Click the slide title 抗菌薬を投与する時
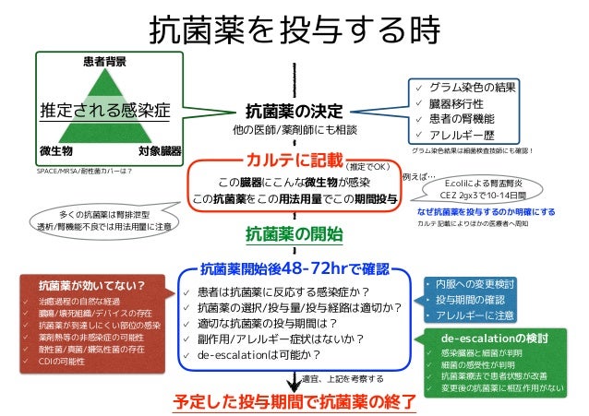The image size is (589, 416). pyautogui.click(x=294, y=30)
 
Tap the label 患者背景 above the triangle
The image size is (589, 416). pyautogui.click(x=105, y=62)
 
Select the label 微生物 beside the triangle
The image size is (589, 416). pyautogui.click(x=56, y=149)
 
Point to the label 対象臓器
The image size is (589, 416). pyautogui.click(x=159, y=149)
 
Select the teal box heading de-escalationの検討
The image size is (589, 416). pyautogui.click(x=495, y=338)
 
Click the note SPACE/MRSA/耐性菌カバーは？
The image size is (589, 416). pyautogui.click(x=84, y=171)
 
